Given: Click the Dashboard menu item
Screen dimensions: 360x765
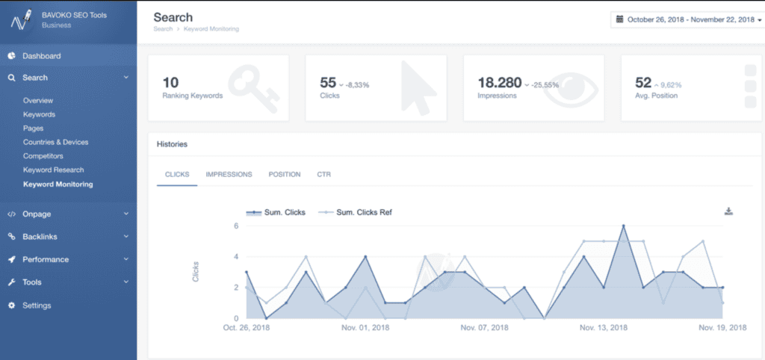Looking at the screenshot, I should click(41, 56).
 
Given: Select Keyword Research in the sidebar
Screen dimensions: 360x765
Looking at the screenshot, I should click(53, 170).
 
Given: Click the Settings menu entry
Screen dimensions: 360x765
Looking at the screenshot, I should click(37, 305).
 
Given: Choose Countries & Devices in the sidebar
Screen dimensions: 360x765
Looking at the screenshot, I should click(55, 142).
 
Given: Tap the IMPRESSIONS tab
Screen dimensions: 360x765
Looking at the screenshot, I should click(229, 175).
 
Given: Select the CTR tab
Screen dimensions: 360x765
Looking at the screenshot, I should click(323, 175).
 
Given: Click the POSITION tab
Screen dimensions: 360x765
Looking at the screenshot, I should click(285, 175).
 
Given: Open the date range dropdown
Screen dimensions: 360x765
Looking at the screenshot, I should click(687, 20).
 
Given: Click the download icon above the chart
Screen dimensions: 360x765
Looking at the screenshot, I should click(728, 211).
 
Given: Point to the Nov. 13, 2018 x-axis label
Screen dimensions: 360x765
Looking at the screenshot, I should click(603, 328).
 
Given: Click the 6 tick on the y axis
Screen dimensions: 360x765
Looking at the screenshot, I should click(235, 226).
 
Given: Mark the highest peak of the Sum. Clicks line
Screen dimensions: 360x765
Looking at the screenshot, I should click(623, 226).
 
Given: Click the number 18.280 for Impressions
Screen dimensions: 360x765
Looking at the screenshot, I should click(499, 82).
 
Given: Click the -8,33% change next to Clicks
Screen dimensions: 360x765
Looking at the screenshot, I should click(358, 85).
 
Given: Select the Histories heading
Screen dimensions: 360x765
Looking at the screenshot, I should click(172, 143).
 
